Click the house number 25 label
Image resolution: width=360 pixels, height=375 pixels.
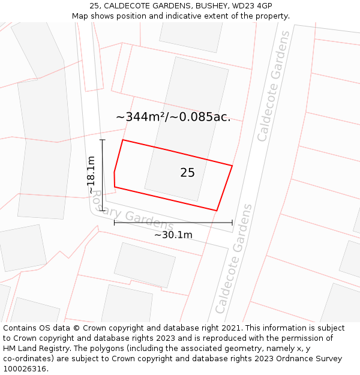[187, 173]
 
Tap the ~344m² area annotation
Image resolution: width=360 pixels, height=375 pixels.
[173, 117]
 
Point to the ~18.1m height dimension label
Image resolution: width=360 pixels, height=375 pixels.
[91, 175]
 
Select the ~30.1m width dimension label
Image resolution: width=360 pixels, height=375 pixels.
[173, 235]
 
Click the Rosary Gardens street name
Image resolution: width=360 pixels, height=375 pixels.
[133, 220]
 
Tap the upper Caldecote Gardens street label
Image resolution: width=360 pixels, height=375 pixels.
[273, 86]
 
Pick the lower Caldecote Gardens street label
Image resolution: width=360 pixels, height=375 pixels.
[235, 259]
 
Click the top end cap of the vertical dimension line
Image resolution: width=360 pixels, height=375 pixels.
[103, 140]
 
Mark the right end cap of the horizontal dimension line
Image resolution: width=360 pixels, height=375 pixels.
[232, 223]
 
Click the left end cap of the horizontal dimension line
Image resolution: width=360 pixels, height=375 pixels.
[114, 223]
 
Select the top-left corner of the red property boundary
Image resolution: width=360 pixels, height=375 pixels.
[123, 140]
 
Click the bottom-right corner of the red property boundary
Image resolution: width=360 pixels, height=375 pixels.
[217, 211]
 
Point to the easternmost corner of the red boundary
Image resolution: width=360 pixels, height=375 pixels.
[232, 166]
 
